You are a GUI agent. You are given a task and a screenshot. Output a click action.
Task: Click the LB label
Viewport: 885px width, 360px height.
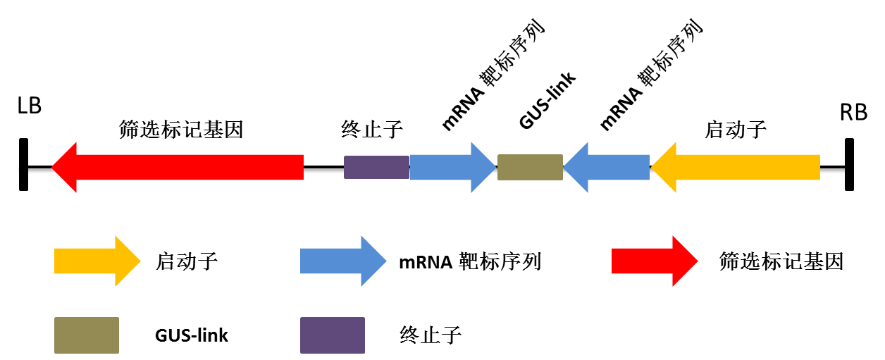click(30, 106)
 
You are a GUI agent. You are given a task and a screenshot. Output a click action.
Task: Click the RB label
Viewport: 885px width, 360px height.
click(853, 112)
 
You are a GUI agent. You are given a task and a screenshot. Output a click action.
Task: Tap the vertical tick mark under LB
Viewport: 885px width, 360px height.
click(24, 164)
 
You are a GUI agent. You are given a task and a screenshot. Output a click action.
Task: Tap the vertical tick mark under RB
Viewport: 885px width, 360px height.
click(849, 164)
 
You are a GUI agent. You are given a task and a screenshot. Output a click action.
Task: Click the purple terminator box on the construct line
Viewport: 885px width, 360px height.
click(376, 167)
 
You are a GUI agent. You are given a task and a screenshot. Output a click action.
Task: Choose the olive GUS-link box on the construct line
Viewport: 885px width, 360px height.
click(530, 167)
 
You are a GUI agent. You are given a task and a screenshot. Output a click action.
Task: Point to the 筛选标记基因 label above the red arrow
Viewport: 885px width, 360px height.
click(181, 130)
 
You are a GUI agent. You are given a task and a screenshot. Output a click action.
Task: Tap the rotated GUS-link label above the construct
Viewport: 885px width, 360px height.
click(548, 99)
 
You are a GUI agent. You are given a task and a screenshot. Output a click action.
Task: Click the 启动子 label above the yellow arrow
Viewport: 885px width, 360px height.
click(736, 130)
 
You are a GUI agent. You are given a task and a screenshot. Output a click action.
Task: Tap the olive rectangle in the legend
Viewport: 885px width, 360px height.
click(87, 335)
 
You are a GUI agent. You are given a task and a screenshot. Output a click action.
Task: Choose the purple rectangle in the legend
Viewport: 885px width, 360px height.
click(333, 335)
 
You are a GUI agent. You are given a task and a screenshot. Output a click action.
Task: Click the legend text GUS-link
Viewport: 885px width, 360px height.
click(192, 335)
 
